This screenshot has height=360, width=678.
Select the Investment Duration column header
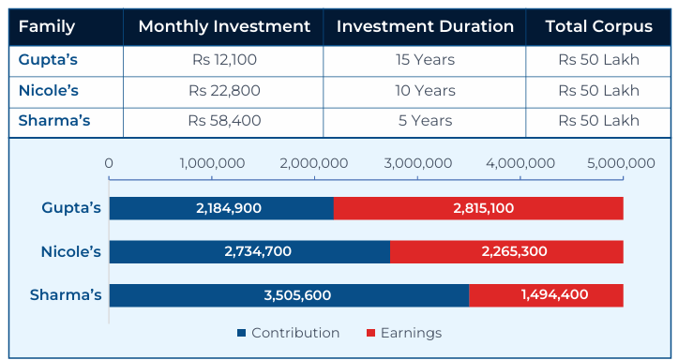(x=425, y=26)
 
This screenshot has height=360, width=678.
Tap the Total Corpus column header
(x=598, y=26)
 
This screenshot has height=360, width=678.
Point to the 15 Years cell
(x=425, y=60)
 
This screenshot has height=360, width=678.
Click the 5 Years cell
(x=425, y=121)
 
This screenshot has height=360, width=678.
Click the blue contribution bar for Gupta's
(x=221, y=208)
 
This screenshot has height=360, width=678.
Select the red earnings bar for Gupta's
(x=478, y=208)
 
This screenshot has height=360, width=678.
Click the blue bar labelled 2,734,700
(x=249, y=251)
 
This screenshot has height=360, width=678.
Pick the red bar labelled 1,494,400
(x=546, y=294)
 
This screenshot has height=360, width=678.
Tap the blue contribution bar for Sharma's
(x=289, y=294)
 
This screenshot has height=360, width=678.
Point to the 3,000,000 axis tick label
(x=417, y=163)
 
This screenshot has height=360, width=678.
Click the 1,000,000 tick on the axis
(x=212, y=163)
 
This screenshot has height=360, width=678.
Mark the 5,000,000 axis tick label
(x=623, y=163)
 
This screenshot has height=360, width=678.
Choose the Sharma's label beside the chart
(x=66, y=295)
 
